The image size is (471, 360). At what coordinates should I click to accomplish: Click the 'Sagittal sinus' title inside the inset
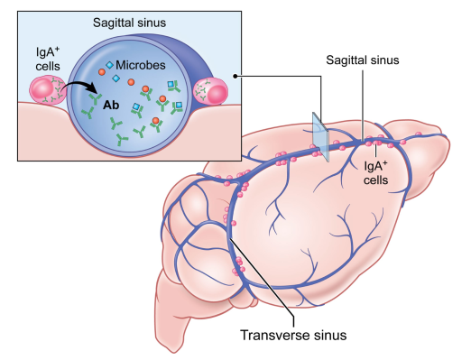pyautogui.click(x=129, y=23)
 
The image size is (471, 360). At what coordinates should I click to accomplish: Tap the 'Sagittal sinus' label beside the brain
pyautogui.click(x=363, y=60)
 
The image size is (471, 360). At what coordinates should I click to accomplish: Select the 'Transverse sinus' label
pyautogui.click(x=293, y=335)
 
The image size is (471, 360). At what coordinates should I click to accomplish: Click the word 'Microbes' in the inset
pyautogui.click(x=141, y=65)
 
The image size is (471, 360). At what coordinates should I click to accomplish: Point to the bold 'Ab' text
pyautogui.click(x=111, y=105)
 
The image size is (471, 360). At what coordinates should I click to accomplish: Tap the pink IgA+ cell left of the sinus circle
pyautogui.click(x=48, y=90)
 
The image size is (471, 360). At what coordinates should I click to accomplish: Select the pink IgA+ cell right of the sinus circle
pyautogui.click(x=210, y=91)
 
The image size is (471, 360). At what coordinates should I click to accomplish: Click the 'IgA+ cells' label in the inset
pyautogui.click(x=48, y=60)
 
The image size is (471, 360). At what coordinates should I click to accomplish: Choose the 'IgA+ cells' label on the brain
pyautogui.click(x=375, y=173)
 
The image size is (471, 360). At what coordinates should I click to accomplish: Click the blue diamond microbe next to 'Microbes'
pyautogui.click(x=109, y=65)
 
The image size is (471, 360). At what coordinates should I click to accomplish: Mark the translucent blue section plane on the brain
pyautogui.click(x=320, y=137)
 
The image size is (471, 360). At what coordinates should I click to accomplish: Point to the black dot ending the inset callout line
pyautogui.click(x=235, y=77)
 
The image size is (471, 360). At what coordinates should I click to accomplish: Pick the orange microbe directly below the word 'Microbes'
pyautogui.click(x=131, y=82)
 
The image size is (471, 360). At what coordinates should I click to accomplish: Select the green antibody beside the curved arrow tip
pyautogui.click(x=96, y=97)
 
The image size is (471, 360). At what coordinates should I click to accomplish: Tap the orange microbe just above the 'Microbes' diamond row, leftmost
pyautogui.click(x=102, y=72)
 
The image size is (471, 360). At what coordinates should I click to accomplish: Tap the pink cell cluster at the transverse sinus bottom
pyautogui.click(x=238, y=265)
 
